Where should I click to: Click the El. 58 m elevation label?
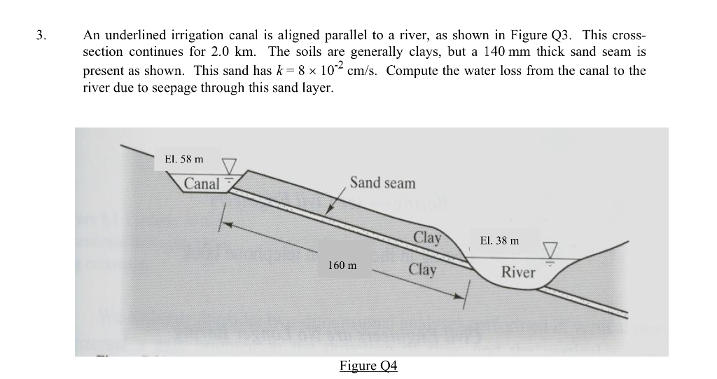pyautogui.click(x=183, y=159)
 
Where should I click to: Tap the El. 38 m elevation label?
pyautogui.click(x=500, y=240)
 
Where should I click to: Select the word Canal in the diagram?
pyautogui.click(x=202, y=184)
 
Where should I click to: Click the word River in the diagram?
pyautogui.click(x=518, y=273)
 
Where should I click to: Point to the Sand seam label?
pyautogui.click(x=382, y=183)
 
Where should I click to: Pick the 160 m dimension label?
pyautogui.click(x=342, y=266)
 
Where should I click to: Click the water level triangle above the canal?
pyautogui.click(x=229, y=167)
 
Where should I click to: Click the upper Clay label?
pyautogui.click(x=427, y=237)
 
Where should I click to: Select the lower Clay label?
pyautogui.click(x=422, y=270)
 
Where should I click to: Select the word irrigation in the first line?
pyautogui.click(x=184, y=35)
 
